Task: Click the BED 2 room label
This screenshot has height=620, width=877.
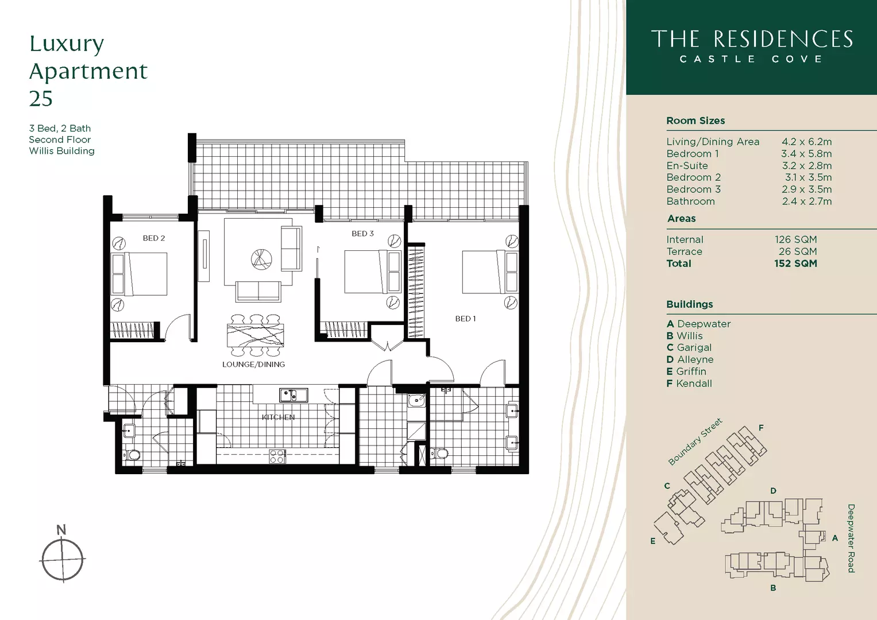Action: coord(154,238)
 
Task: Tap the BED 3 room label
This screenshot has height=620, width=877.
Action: coord(362,234)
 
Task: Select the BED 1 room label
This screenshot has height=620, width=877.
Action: coord(465,319)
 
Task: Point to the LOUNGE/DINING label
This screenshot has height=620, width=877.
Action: coord(253,365)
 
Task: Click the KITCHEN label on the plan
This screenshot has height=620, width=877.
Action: coord(278,417)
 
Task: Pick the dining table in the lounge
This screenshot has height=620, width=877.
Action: coord(255,335)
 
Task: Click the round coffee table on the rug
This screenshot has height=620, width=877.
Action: coord(261,259)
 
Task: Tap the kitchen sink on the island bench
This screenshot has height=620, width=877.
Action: coord(293,395)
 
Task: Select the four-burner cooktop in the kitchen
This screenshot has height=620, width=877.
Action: coord(277,456)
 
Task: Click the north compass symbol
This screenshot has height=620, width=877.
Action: coord(63,559)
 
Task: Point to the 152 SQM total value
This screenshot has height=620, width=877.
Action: coord(795,263)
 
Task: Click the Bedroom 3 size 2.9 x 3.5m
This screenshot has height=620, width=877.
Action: coord(806,189)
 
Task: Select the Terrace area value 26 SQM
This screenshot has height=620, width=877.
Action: coord(797,251)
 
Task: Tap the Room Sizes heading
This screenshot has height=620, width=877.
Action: coord(696,121)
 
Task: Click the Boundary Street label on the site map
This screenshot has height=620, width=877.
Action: coord(695,441)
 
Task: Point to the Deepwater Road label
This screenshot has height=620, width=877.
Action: coord(851,538)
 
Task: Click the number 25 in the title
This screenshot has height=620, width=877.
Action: coord(41,99)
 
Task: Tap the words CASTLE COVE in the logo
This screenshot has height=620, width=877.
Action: coord(751,59)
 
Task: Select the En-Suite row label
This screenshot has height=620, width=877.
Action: coord(687,166)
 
